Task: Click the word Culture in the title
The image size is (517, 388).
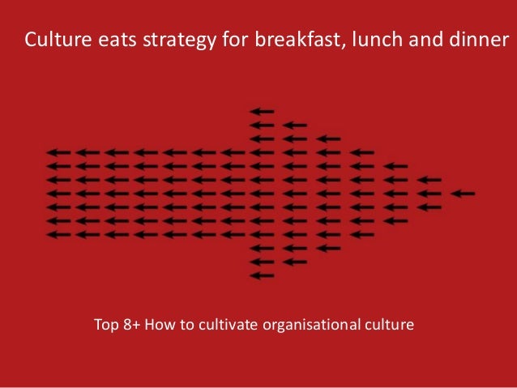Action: point(58,39)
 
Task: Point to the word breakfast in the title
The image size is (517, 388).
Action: point(300,39)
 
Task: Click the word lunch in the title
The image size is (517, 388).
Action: point(377,39)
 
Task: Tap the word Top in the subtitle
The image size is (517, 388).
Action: point(106,325)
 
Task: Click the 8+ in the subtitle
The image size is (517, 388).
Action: point(131,325)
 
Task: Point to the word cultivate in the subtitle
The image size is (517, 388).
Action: point(229,324)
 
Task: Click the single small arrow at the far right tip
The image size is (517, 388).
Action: point(463,194)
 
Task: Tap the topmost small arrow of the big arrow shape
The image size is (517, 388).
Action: point(262,112)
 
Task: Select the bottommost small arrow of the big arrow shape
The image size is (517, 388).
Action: point(262,275)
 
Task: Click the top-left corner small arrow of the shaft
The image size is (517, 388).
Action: point(58,152)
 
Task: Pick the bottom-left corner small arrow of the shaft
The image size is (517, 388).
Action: point(58,235)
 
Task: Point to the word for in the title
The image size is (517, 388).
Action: point(236,39)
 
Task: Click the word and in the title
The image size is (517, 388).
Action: point(425,39)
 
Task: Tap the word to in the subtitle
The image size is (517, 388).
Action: point(187,326)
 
